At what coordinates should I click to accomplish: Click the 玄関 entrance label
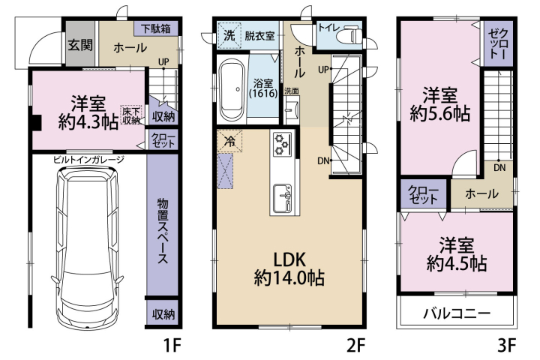80,45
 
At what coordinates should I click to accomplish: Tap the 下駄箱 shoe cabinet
156,28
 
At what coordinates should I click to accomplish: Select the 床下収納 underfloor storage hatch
130,115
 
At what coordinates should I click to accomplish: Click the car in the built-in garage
87,248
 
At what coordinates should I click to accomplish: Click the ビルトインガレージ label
88,160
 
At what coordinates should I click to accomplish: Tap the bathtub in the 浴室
232,91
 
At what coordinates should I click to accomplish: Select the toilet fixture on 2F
351,35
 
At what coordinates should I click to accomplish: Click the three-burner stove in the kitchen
283,144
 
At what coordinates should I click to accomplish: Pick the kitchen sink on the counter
283,199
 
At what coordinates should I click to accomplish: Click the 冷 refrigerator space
229,140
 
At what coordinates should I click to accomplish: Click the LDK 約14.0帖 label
289,269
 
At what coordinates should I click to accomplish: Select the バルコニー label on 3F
457,313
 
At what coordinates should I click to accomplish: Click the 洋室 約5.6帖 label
440,104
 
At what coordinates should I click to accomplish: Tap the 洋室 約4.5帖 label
457,254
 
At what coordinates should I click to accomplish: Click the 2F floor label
355,345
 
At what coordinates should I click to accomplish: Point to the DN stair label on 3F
499,168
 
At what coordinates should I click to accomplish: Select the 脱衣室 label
259,35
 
